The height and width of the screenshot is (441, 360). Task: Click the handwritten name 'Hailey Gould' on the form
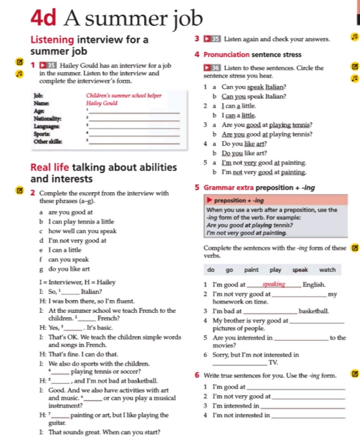[102, 103]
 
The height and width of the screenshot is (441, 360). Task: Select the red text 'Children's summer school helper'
[123, 96]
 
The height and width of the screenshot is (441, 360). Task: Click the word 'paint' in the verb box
[252, 270]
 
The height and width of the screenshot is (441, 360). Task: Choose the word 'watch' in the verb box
[327, 270]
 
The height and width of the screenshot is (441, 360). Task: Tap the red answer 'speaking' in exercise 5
[274, 284]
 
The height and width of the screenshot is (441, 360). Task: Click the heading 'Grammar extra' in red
[228, 188]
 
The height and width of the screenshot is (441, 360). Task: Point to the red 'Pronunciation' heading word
[227, 55]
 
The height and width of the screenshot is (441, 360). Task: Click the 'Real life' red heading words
[50, 167]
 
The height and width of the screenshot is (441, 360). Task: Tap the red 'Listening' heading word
[52, 39]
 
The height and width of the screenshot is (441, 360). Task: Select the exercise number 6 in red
[197, 375]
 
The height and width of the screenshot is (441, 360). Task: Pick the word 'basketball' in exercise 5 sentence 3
[314, 311]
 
